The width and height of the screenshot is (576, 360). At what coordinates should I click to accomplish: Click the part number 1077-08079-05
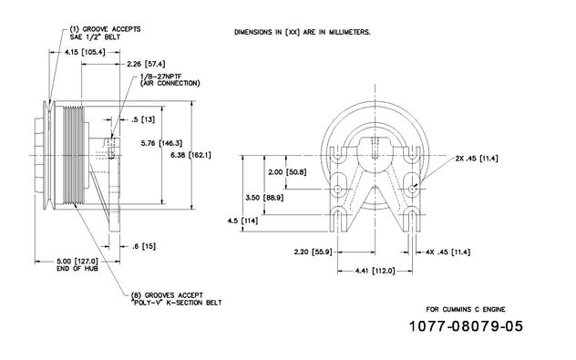tap(466, 326)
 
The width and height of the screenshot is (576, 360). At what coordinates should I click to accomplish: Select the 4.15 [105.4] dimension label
tap(85, 53)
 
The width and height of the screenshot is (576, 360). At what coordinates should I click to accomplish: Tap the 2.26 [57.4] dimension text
tap(146, 64)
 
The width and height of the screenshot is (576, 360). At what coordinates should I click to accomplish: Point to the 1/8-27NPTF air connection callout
tap(170, 79)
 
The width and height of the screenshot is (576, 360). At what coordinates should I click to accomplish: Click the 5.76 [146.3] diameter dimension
tap(161, 143)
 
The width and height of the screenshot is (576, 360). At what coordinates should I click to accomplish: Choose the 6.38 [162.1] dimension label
tap(191, 155)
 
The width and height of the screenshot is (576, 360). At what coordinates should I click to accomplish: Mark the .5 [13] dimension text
tap(143, 119)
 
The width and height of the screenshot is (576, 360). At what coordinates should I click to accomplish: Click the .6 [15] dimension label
tap(144, 246)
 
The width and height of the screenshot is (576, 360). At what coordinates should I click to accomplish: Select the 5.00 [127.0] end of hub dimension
tap(77, 264)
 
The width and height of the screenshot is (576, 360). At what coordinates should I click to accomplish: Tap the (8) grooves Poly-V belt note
tap(176, 299)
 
